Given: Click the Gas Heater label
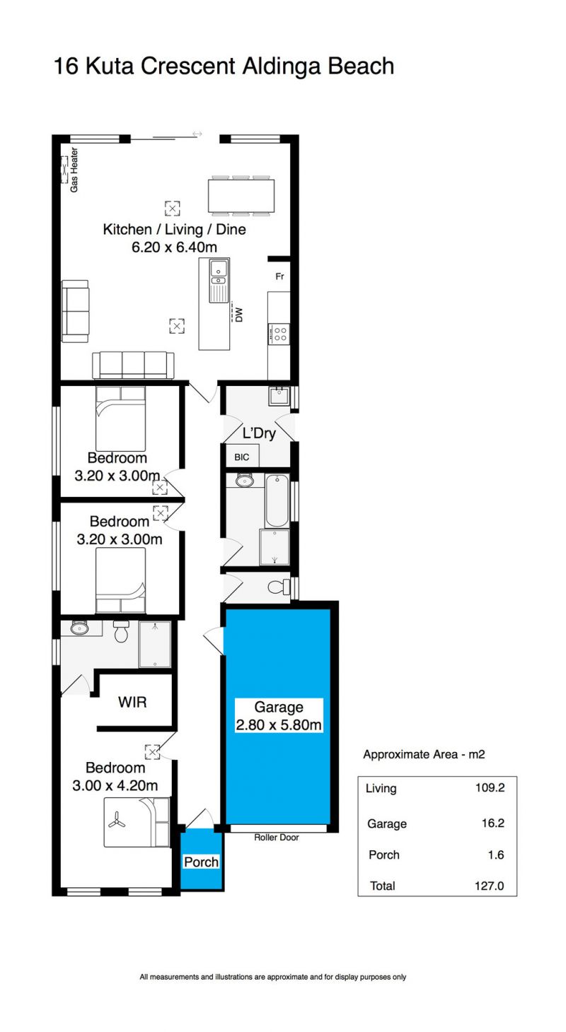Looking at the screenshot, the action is (x=74, y=170).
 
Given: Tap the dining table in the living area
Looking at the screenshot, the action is (x=241, y=196).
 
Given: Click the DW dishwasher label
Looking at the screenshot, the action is (x=238, y=315).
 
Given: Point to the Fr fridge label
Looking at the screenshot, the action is (x=279, y=276).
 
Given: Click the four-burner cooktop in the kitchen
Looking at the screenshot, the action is (x=279, y=334).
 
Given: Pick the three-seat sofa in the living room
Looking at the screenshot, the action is (x=133, y=365).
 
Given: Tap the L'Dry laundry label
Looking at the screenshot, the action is (x=259, y=433).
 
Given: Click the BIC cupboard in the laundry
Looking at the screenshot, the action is (x=242, y=457).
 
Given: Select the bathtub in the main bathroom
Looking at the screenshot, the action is (x=277, y=500).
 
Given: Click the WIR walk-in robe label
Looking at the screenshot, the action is (x=132, y=702).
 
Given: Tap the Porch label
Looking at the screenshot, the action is (x=201, y=862).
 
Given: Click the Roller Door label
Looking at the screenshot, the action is (x=277, y=837).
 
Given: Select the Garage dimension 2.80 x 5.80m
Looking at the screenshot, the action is (x=279, y=725).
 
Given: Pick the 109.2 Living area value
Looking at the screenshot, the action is (x=490, y=787).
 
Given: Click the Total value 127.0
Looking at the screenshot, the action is (x=489, y=886).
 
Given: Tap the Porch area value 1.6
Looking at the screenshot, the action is (x=496, y=855).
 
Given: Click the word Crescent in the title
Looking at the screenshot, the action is (x=188, y=66).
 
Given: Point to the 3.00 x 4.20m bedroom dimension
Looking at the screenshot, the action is (x=115, y=785).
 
